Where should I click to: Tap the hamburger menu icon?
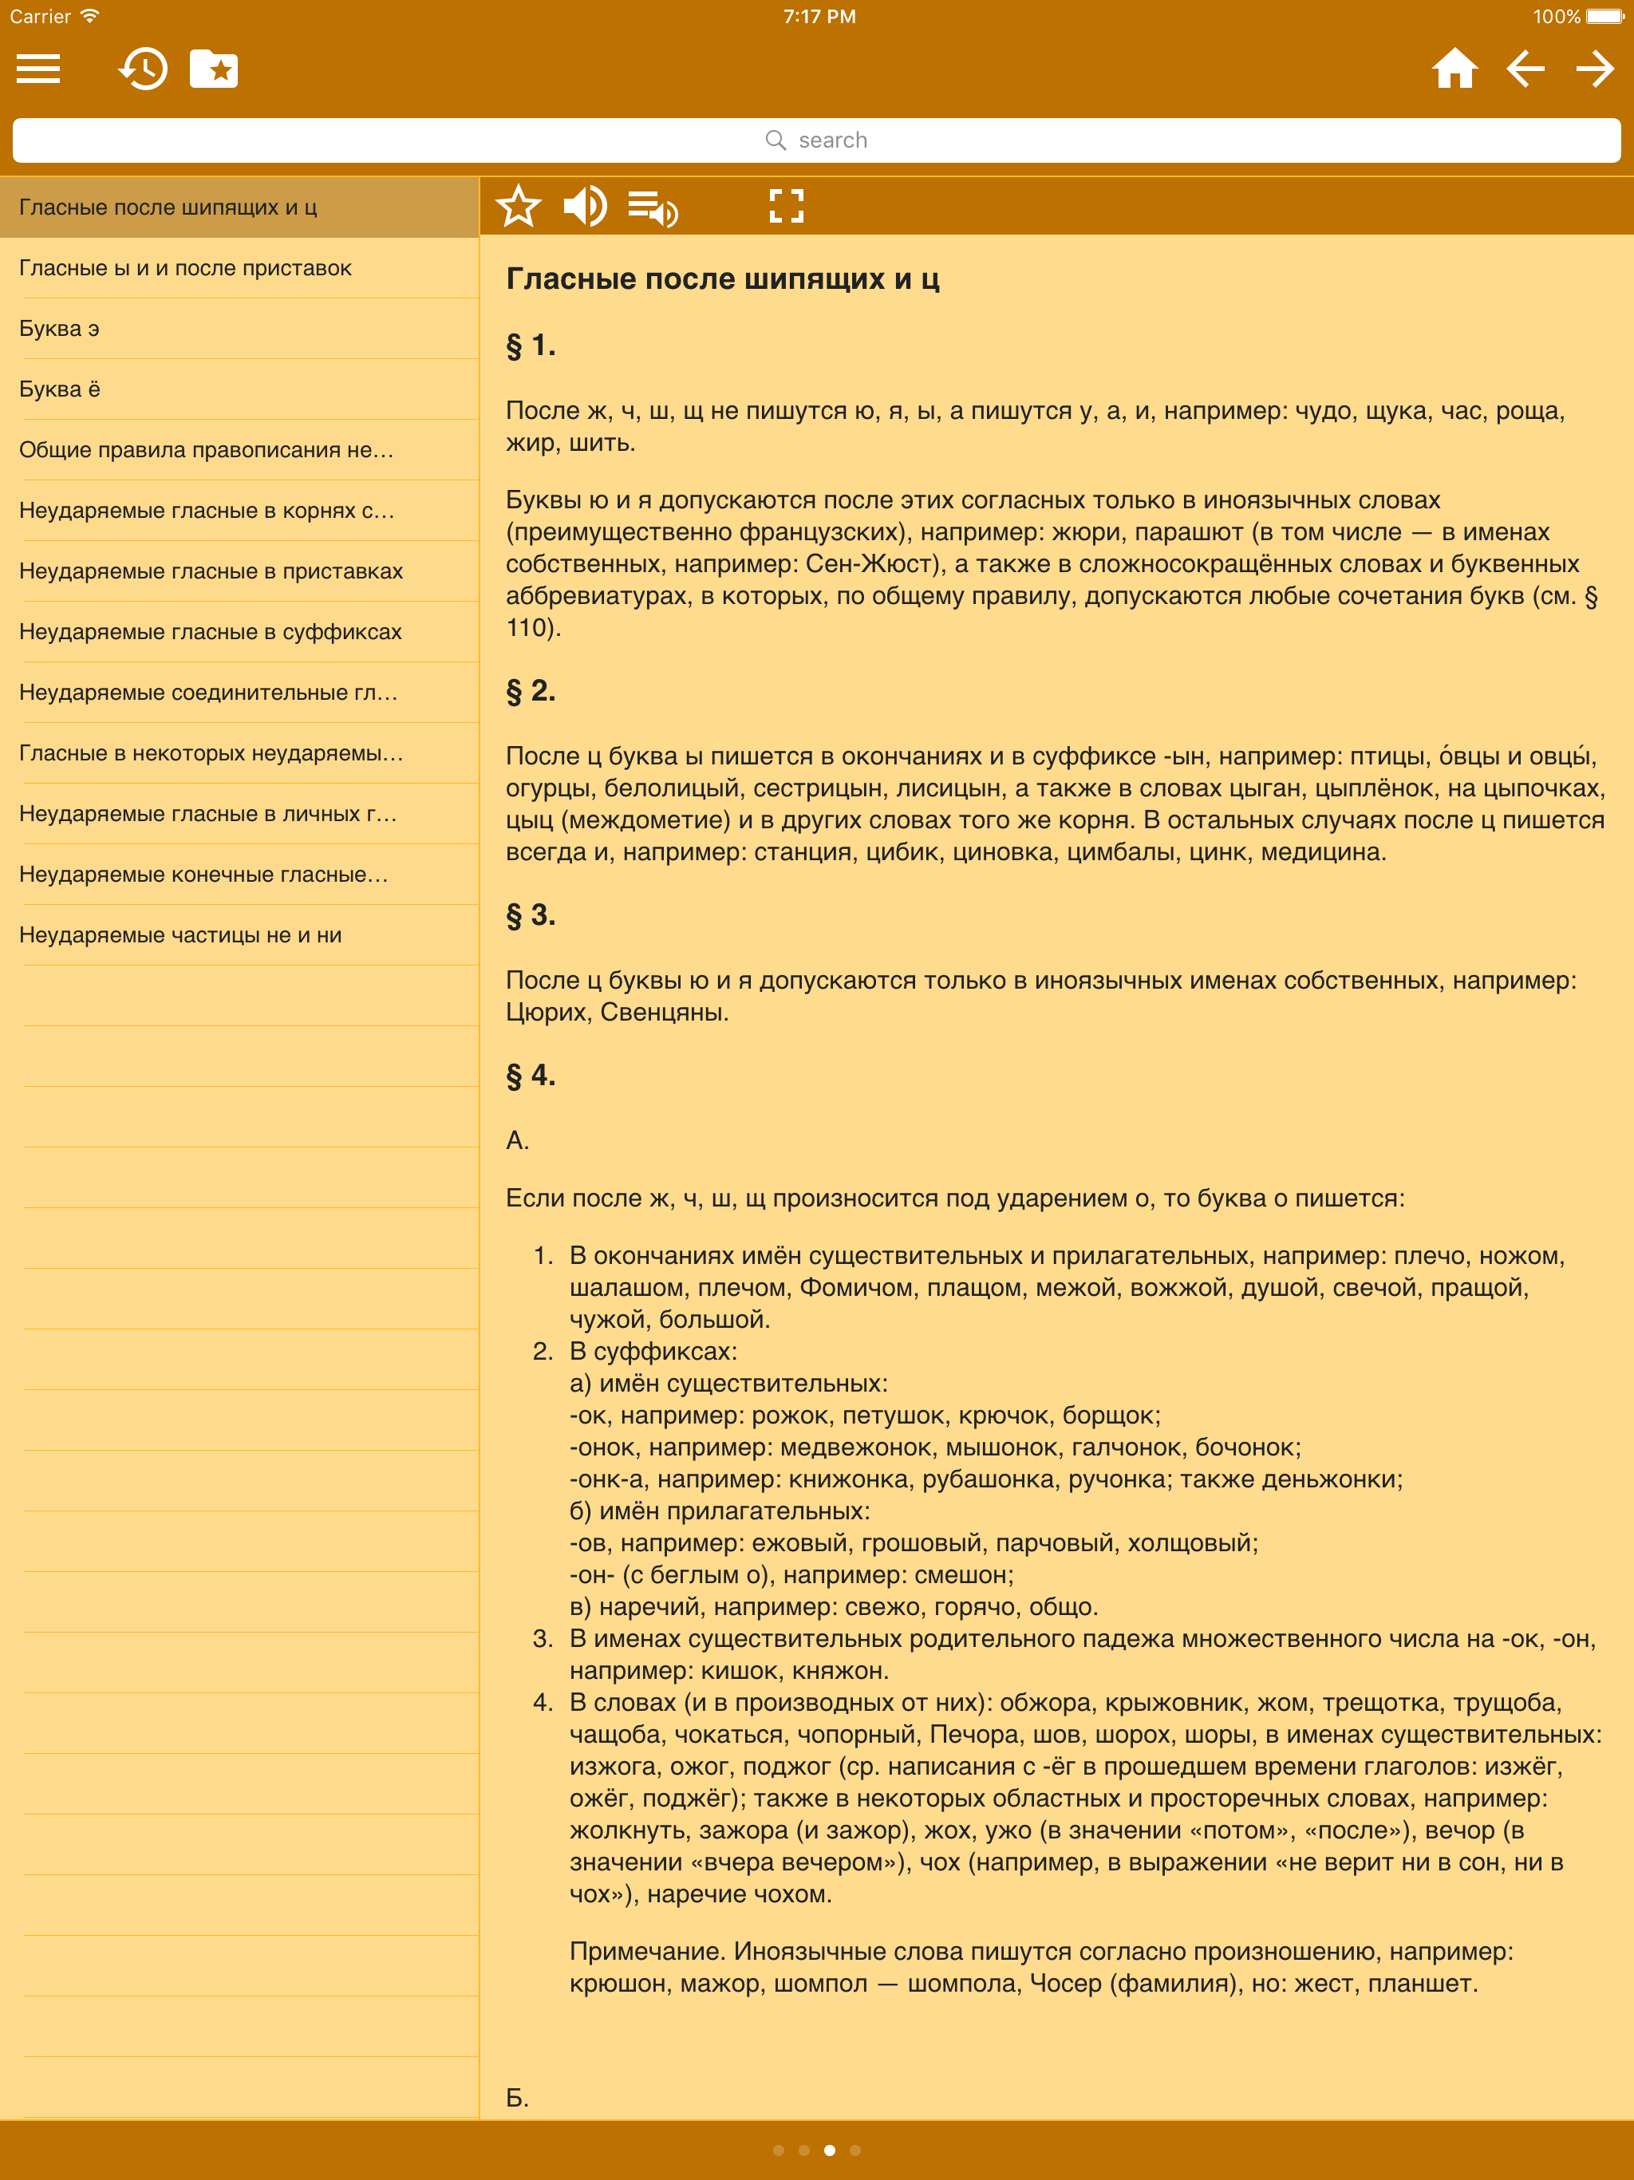click(x=38, y=69)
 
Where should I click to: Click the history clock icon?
click(x=143, y=69)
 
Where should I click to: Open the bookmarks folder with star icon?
click(x=214, y=69)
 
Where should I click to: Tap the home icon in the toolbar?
click(x=1454, y=69)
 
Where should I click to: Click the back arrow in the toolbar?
click(x=1525, y=69)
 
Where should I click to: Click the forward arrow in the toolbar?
click(x=1595, y=69)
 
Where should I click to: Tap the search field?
click(x=816, y=140)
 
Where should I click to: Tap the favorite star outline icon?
click(x=519, y=207)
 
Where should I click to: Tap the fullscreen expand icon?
click(x=787, y=207)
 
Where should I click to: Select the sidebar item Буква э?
click(x=59, y=328)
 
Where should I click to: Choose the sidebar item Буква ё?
click(x=59, y=389)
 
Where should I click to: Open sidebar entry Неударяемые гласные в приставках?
click(x=211, y=571)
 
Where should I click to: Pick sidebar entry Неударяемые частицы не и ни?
click(x=180, y=935)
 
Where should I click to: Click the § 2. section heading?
click(x=531, y=691)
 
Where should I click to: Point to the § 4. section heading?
click(x=531, y=1075)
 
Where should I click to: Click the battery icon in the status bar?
click(x=1604, y=17)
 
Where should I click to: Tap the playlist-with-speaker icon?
click(x=653, y=208)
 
